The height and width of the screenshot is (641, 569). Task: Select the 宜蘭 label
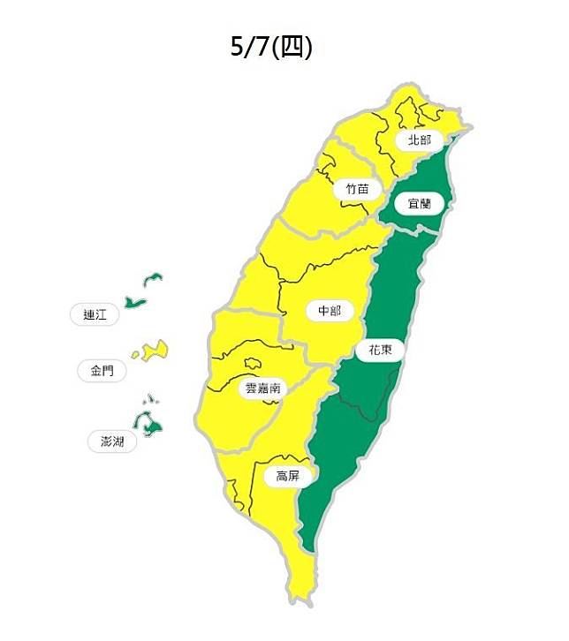click(x=419, y=203)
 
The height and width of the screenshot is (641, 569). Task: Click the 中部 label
click(x=329, y=311)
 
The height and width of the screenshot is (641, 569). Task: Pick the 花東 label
click(x=380, y=350)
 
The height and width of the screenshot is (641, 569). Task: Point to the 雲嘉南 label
click(x=262, y=387)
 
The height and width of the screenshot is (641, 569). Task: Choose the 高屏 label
click(x=287, y=476)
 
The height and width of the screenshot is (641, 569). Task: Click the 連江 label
click(x=94, y=313)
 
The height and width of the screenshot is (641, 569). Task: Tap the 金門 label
click(x=102, y=371)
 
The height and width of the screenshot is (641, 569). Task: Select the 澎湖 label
click(x=112, y=440)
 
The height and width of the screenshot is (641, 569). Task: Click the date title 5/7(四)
click(x=271, y=47)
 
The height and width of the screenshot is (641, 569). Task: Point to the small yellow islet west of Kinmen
click(x=136, y=355)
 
